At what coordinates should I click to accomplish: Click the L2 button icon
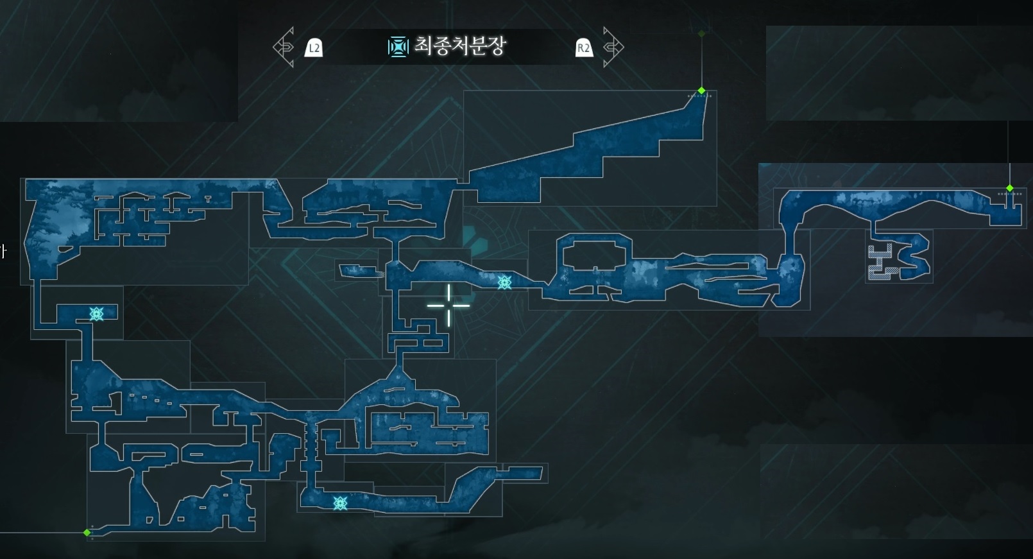[314, 47]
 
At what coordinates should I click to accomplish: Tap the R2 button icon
[584, 47]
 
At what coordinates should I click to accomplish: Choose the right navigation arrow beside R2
[613, 47]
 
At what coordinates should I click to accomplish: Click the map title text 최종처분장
[459, 46]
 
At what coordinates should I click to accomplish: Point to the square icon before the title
[398, 46]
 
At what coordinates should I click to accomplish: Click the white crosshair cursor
[448, 305]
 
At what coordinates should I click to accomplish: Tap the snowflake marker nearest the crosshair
[504, 282]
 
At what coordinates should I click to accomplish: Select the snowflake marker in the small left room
[97, 313]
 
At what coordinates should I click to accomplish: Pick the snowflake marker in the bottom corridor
[340, 503]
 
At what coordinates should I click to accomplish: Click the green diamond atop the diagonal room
[701, 90]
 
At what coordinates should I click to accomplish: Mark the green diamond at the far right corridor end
[1010, 189]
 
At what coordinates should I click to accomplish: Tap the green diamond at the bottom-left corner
[87, 532]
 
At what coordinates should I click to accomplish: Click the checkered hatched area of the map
[880, 262]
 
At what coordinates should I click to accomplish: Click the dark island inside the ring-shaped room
[593, 255]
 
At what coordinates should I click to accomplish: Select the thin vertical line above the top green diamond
[701, 61]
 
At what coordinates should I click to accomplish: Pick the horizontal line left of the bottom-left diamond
[38, 532]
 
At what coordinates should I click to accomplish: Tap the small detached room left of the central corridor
[358, 270]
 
